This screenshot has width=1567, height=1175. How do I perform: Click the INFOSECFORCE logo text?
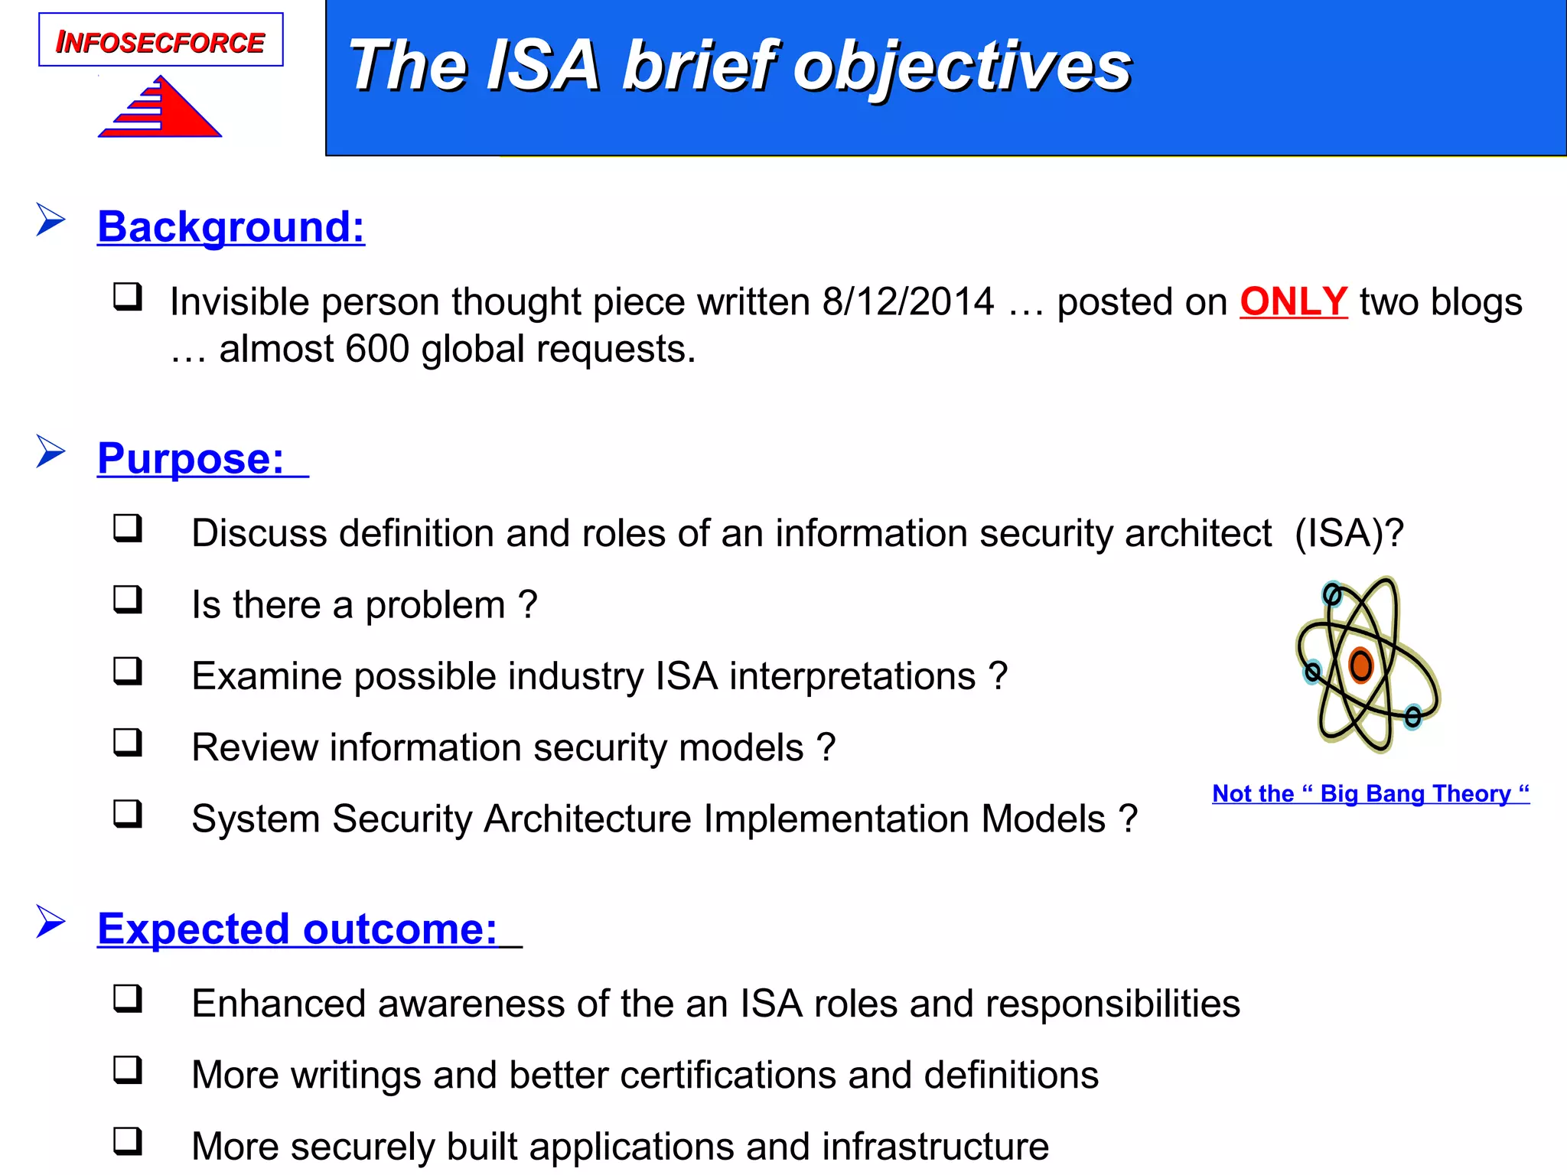tap(161, 42)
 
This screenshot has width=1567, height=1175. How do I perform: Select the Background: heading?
tap(231, 227)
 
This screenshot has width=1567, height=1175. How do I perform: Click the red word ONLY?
tap(1293, 301)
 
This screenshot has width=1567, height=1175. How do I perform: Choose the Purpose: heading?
tap(191, 459)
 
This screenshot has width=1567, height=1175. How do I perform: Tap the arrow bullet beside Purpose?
tap(50, 451)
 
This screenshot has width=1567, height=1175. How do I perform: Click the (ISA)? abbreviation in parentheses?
tap(1349, 533)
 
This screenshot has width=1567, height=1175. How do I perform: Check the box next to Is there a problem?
tap(128, 599)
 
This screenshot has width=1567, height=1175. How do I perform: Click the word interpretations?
tap(852, 676)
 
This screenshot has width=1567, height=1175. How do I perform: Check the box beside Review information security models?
tap(128, 742)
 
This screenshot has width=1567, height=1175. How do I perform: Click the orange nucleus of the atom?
tap(1360, 665)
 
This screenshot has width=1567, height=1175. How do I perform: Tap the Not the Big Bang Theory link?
tap(1370, 793)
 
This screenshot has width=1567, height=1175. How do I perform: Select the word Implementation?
tap(836, 819)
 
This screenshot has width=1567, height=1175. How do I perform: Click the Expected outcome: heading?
tap(298, 929)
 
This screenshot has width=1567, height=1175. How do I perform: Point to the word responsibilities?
tap(1113, 1004)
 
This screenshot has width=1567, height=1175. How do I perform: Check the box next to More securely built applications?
tap(128, 1141)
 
